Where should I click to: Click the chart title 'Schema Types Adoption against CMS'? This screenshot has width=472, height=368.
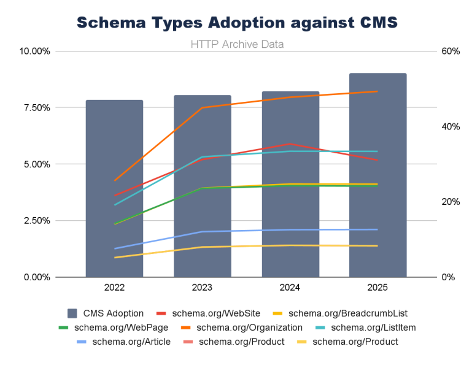click(x=236, y=23)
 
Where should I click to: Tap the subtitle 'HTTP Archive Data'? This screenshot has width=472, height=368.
click(x=236, y=44)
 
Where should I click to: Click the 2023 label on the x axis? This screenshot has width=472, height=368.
click(x=202, y=288)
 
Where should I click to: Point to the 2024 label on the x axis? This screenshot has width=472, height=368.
click(x=290, y=288)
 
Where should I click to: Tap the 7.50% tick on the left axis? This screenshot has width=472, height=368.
click(x=36, y=107)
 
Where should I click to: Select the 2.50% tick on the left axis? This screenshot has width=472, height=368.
click(x=36, y=220)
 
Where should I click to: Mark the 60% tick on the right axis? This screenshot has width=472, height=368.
click(x=451, y=51)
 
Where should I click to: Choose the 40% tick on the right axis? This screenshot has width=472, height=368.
click(x=451, y=126)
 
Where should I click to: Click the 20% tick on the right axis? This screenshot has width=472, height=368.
click(x=451, y=202)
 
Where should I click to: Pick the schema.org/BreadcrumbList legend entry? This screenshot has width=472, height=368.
click(x=347, y=313)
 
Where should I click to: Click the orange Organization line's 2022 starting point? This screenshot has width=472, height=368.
click(x=115, y=180)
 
